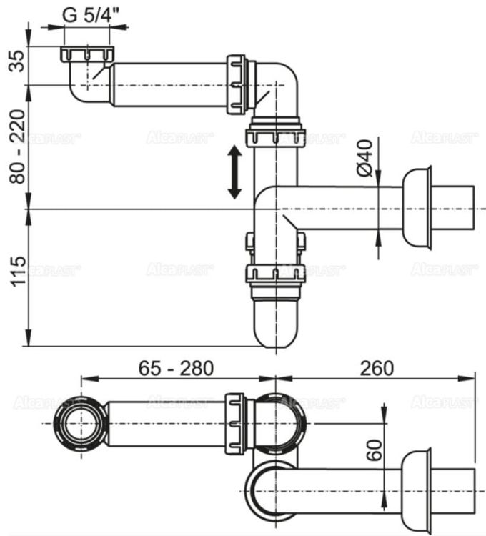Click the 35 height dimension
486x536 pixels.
point(15,66)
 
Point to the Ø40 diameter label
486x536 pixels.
point(364,158)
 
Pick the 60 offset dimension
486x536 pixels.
point(372,450)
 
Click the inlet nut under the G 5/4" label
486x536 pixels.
point(87,55)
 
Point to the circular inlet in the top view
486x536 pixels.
point(78,423)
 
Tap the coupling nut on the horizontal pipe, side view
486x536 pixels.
point(237,84)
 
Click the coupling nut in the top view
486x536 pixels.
point(236,423)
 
